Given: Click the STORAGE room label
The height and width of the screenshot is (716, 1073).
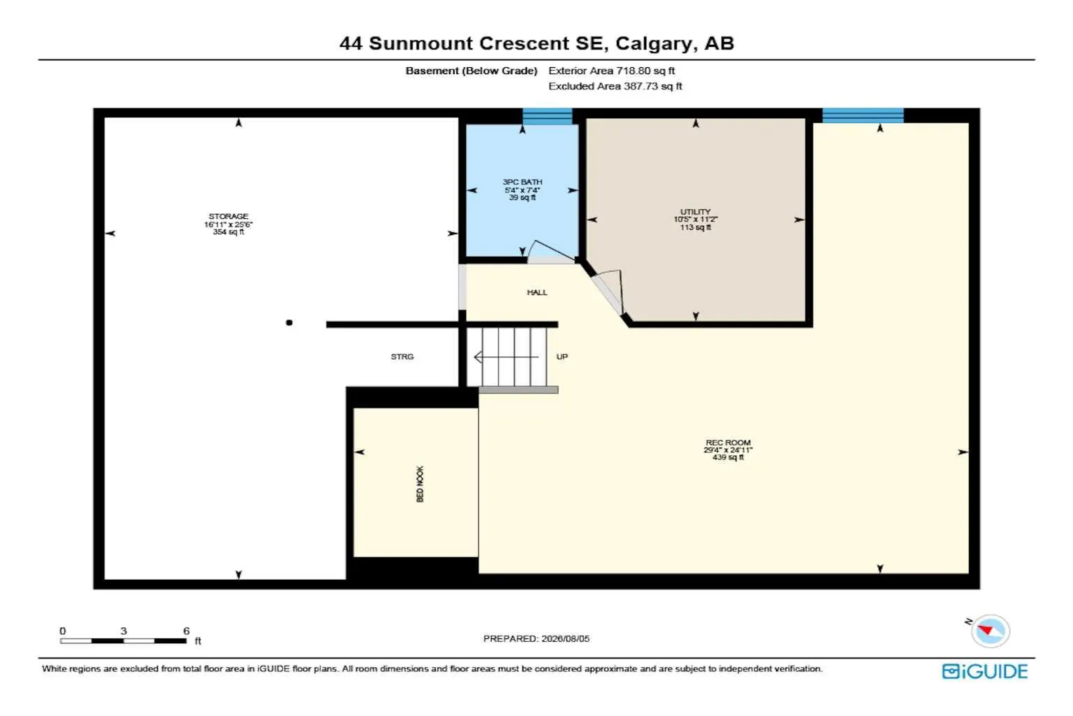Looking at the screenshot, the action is click(228, 216).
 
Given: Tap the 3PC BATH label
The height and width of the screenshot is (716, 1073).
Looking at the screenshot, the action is click(522, 182).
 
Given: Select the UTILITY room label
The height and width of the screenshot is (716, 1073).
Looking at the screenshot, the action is click(695, 211).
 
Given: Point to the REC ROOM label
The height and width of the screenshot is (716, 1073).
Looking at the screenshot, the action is click(728, 442).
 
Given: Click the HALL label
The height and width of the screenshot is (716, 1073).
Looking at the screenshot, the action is click(537, 292).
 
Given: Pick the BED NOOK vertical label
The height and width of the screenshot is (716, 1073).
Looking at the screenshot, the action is click(420, 484).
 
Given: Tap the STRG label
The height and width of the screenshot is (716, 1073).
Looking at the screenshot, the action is click(402, 357).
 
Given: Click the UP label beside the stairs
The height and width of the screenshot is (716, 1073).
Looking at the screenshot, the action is click(562, 357).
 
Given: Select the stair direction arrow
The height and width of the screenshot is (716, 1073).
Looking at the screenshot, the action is click(506, 357).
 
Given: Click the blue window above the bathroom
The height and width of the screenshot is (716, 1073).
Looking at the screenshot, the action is click(547, 116).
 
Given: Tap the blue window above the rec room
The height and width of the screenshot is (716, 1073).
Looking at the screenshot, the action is click(863, 115).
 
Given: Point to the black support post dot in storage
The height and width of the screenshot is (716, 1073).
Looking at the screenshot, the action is click(289, 323).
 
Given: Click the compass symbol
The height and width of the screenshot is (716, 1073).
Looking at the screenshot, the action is click(990, 631).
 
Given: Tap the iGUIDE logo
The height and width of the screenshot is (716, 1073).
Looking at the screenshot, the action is click(984, 671).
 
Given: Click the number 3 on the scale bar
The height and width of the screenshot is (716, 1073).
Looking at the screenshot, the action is click(124, 631).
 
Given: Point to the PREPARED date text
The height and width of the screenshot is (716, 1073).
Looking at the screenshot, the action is click(536, 638).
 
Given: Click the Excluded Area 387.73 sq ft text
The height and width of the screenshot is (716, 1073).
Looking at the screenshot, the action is click(615, 86).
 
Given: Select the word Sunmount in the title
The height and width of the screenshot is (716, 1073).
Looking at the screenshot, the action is click(421, 43).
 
